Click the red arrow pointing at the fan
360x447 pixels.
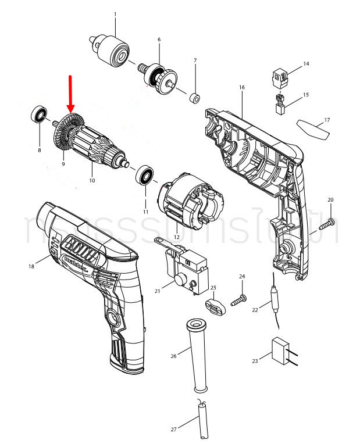[71, 93]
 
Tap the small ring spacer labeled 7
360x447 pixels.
[195, 95]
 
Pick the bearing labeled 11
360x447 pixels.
[144, 175]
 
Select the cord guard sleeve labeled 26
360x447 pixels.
[197, 355]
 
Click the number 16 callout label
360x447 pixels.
[241, 87]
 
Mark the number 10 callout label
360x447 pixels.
[91, 181]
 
